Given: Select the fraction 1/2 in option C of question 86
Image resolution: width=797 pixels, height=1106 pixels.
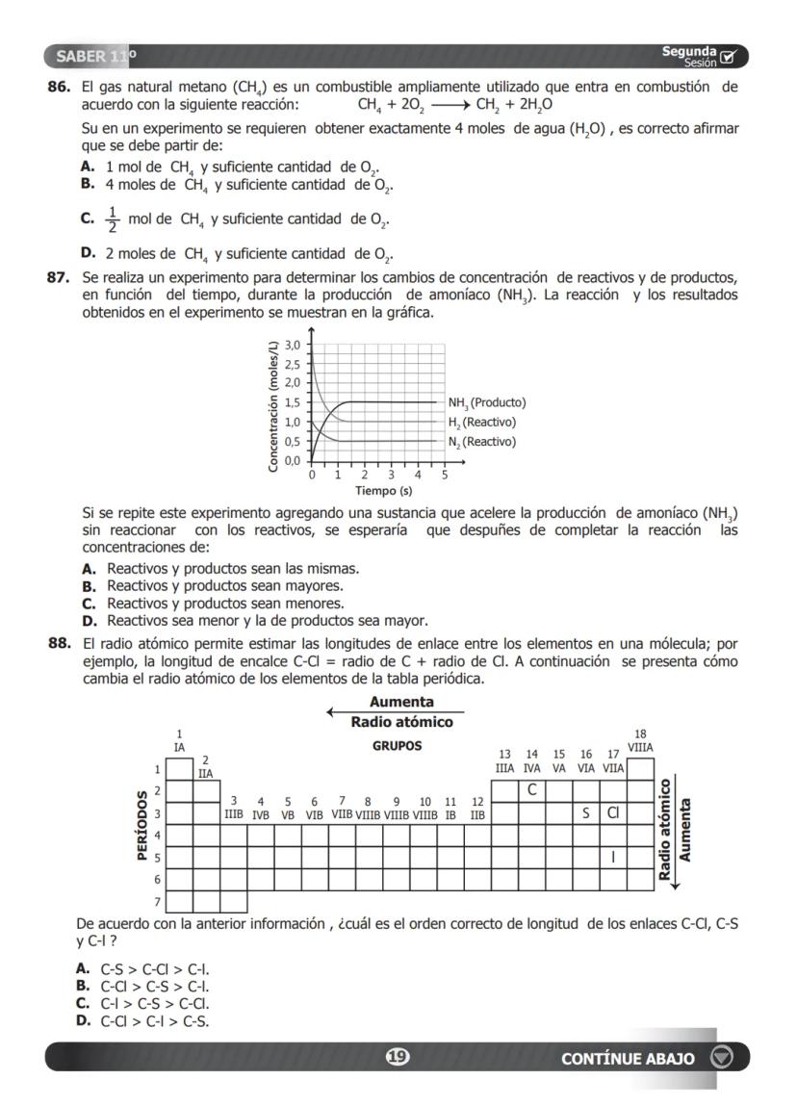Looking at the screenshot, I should coord(113,219).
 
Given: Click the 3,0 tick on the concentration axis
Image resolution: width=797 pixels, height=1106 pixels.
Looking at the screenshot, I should coord(293,344).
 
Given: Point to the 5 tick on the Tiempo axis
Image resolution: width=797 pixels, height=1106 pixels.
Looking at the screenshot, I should coord(445,475).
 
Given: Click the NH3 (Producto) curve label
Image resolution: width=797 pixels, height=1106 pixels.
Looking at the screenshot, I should coord(487,402).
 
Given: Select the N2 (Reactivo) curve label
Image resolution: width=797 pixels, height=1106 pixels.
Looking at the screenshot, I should coord(481,442).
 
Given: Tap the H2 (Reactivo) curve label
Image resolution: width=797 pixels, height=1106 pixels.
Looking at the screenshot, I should coord(481,423).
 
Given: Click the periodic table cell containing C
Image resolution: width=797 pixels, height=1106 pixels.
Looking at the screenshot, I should coord(531,790).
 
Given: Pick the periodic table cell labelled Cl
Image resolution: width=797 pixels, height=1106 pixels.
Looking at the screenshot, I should coord(612,812).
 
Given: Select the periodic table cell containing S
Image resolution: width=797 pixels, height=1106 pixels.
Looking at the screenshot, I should coord(585,812).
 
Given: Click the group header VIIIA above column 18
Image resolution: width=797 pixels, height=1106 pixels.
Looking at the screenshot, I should coord(641,746).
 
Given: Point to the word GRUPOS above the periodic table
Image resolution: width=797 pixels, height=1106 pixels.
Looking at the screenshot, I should coord(397,746).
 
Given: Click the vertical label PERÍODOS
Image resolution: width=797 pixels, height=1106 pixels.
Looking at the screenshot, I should coord(142,825).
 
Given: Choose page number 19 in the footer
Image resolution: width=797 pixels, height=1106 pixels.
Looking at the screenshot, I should coord(396,1057).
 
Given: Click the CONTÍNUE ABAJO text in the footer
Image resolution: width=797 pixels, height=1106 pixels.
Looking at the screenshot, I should coord(628,1058).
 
